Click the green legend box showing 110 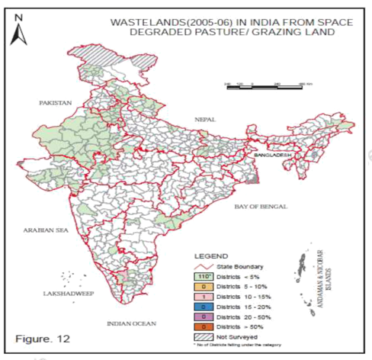(204, 275)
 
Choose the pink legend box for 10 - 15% (204, 295)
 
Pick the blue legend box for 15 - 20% (204, 305)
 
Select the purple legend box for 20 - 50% (204, 315)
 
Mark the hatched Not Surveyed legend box (204, 335)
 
